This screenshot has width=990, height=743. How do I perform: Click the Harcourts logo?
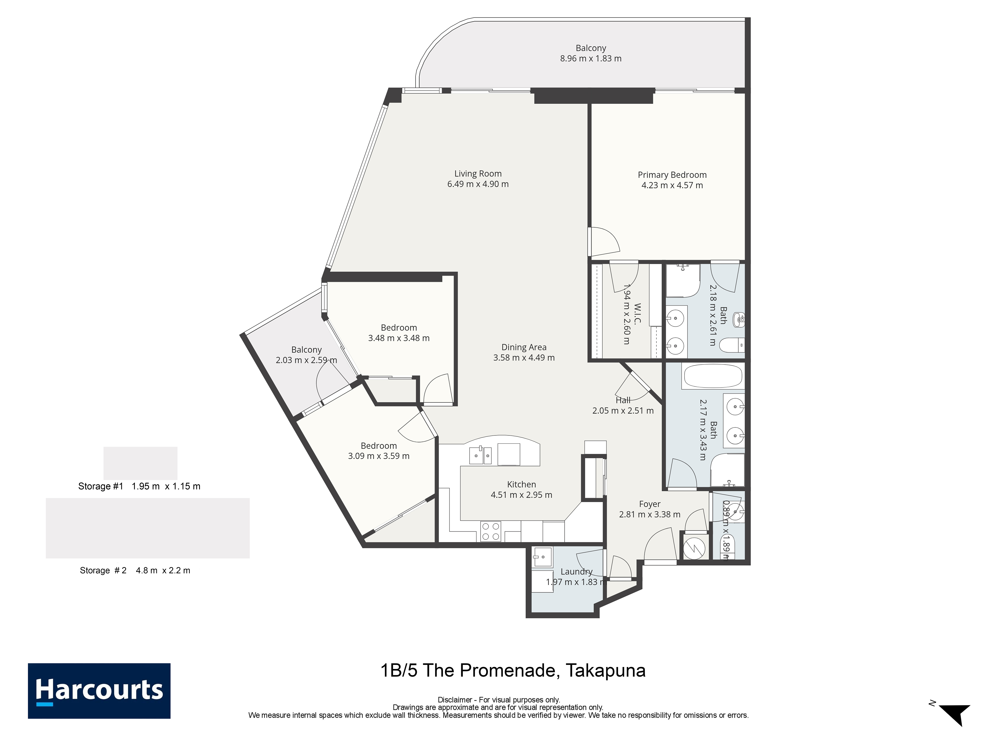click(x=99, y=691)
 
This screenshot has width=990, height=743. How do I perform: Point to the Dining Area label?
click(x=524, y=347)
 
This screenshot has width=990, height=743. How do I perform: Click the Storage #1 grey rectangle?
click(x=141, y=463)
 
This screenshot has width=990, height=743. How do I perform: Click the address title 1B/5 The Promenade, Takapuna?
click(x=513, y=670)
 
